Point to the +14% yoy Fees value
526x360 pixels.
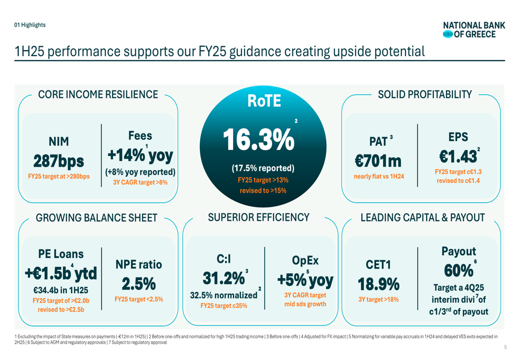pyautogui.click(x=140, y=156)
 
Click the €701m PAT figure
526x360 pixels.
pyautogui.click(x=379, y=160)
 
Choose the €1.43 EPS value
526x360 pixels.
pyautogui.click(x=458, y=156)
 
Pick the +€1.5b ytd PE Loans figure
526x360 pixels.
pyautogui.click(x=60, y=273)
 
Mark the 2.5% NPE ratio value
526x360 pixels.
pyautogui.click(x=139, y=284)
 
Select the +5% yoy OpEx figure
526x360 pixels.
pyautogui.click(x=305, y=280)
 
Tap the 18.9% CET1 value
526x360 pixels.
pyautogui.click(x=379, y=284)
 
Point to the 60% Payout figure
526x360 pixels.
pyautogui.click(x=458, y=271)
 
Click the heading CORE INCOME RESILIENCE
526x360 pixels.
pyautogui.click(x=98, y=95)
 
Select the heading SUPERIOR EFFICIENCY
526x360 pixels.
pyautogui.click(x=259, y=217)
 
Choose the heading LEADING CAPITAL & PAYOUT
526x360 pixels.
pyautogui.click(x=422, y=218)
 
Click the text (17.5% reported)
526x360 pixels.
pyautogui.click(x=263, y=168)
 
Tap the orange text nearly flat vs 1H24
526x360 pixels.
pyautogui.click(x=379, y=176)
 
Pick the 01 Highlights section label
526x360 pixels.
pyautogui.click(x=30, y=25)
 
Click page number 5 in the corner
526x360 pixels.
pyautogui.click(x=505, y=347)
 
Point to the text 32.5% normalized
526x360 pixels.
pyautogui.click(x=224, y=295)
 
